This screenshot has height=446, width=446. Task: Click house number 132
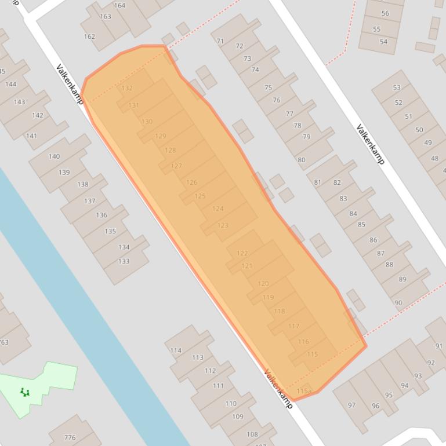[127, 89]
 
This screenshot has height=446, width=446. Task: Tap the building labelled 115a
[304, 392]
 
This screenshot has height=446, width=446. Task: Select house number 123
[223, 225]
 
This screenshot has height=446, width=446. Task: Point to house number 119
[268, 298]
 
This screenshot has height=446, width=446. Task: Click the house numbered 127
[176, 166]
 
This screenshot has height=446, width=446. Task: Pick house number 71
[220, 41]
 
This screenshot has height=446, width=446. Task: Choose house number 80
[302, 160]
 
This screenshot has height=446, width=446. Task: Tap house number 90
[398, 302]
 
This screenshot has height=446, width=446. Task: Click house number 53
[397, 87]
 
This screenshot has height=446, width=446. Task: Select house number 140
[54, 156]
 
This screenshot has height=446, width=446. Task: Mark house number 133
[124, 261]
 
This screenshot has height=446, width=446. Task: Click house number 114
[176, 350]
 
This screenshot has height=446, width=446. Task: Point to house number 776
[70, 437]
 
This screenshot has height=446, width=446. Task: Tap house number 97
[351, 405]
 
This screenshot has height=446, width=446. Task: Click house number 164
[119, 6]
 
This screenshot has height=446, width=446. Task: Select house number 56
[385, 13]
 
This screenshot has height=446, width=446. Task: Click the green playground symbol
[25, 392]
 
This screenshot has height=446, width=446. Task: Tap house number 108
[252, 434]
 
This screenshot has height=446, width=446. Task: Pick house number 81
[317, 182]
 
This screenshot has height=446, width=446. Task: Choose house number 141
[31, 136]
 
